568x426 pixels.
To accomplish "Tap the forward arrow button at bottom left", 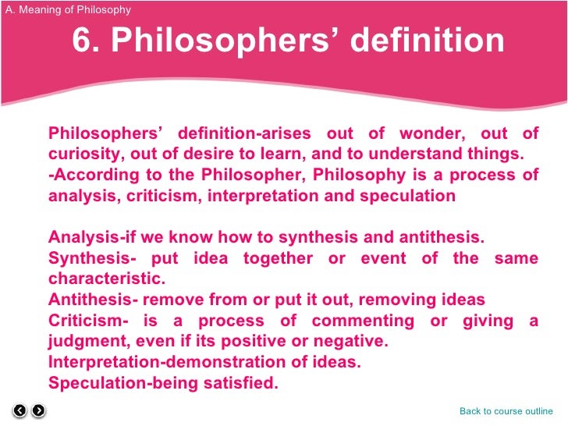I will point(38,410).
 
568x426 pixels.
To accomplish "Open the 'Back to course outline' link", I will point(506,411).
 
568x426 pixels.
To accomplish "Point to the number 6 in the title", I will point(82,41).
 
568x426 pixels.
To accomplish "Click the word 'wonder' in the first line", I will point(431,132).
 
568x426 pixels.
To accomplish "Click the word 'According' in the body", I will point(86,174).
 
